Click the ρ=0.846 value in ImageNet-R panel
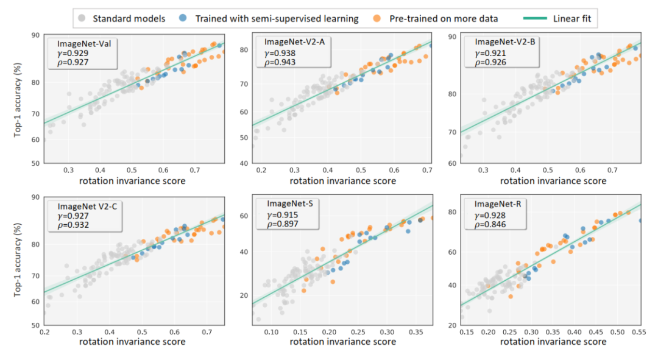[490, 224]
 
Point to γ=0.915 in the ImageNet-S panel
[281, 214]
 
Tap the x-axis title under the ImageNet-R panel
[553, 342]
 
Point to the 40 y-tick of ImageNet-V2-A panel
[243, 163]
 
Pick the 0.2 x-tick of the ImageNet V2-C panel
[44, 332]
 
